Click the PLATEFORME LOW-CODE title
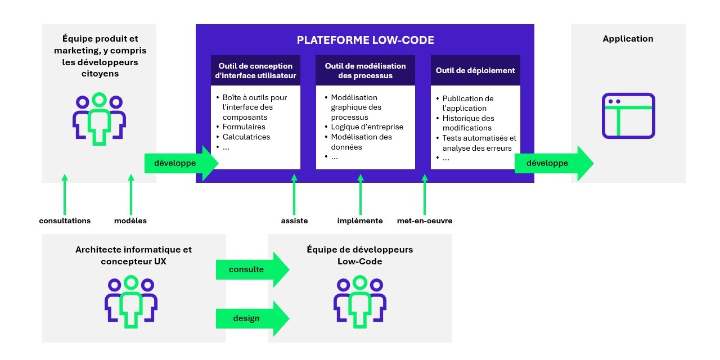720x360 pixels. point(365,40)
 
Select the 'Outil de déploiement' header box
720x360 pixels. point(475,70)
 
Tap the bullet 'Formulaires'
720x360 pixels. point(244,127)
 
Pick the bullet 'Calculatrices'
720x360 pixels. point(246,137)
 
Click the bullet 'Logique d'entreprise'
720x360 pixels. point(367,127)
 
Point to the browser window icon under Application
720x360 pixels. point(628,115)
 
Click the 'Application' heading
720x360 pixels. point(628,39)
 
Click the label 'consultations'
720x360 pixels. point(65,220)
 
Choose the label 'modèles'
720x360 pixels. point(130,220)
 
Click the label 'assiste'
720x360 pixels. point(294,220)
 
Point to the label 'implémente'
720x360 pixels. point(360,220)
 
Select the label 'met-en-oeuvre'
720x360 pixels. point(425,220)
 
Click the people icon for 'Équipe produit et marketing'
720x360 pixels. point(99,119)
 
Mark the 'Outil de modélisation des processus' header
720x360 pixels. point(366,70)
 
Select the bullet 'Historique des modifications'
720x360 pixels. point(468,123)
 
